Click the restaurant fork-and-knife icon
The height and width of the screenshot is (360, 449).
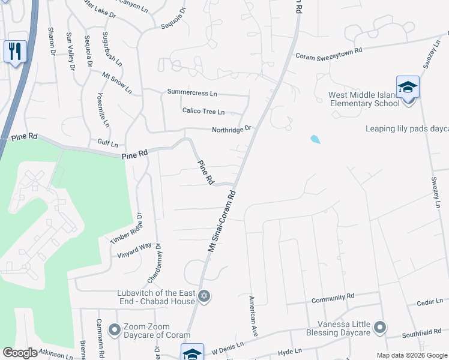[15, 51]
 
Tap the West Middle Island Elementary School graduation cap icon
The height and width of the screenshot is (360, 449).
[408, 88]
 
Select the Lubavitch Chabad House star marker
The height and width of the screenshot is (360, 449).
[203, 296]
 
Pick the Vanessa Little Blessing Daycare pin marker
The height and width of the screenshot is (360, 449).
[379, 327]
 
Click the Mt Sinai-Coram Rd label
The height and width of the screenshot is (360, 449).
[221, 221]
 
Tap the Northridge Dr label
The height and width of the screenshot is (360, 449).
[231, 130]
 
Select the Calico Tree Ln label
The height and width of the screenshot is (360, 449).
[203, 112]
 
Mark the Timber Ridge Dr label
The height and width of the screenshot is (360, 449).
[126, 229]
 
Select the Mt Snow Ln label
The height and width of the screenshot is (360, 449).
[116, 83]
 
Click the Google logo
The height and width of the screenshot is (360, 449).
[20, 353]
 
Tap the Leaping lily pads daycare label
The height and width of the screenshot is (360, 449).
[407, 128]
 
